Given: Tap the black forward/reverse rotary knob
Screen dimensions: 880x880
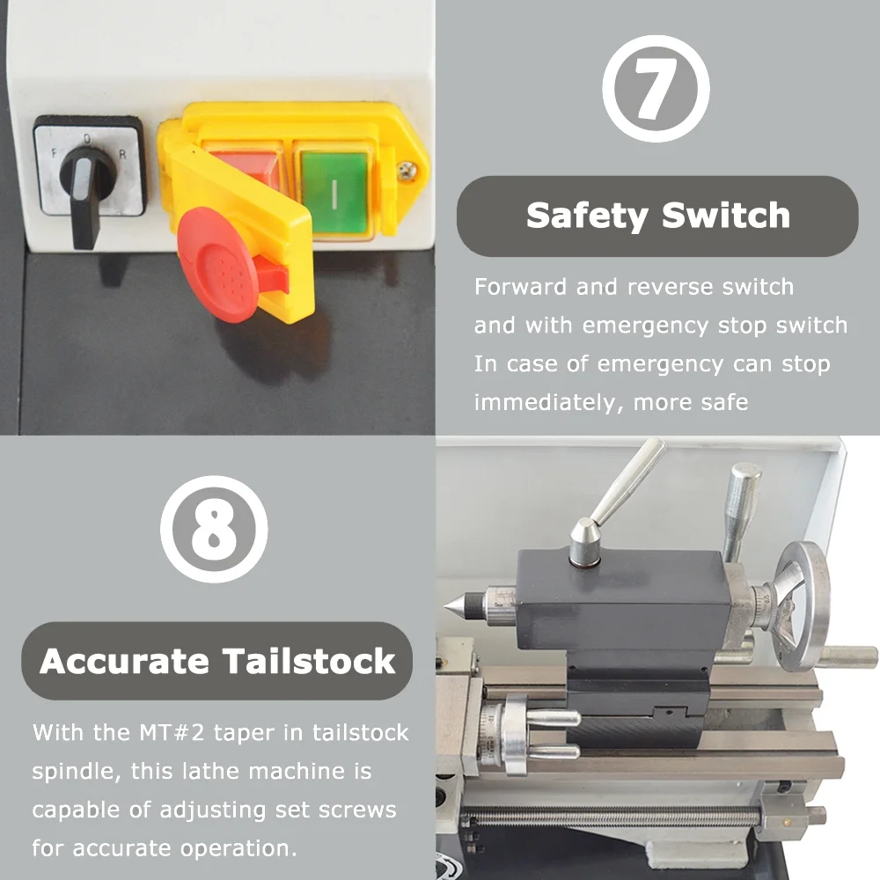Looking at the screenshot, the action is (86, 190).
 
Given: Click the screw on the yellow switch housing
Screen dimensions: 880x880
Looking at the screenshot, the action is (407, 171).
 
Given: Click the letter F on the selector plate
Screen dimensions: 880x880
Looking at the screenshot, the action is (55, 152).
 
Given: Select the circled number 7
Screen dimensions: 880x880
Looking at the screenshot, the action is (656, 88).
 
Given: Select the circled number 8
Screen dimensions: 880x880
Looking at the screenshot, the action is (214, 529).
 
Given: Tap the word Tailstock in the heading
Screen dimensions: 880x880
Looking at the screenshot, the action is (309, 661).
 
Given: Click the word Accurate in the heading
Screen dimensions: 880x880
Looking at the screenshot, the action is (124, 661).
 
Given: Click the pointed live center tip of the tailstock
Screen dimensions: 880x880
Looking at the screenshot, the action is (445, 606).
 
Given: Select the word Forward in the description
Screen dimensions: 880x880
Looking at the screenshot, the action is (521, 287).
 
